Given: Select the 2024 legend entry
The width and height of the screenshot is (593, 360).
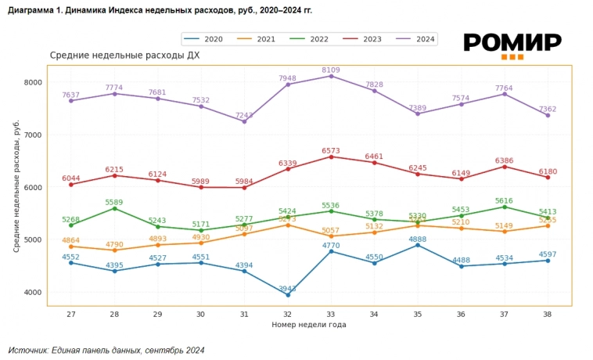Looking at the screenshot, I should (x=416, y=39).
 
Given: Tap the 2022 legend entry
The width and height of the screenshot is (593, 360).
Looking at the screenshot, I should (x=310, y=39).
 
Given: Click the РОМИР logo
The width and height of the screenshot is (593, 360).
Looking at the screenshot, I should (x=512, y=44).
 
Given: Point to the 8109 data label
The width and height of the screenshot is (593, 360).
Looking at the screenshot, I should (x=331, y=69).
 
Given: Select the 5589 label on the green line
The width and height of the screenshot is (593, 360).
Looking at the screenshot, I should (x=114, y=202).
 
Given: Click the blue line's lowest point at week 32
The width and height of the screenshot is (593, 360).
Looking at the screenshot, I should (x=288, y=295).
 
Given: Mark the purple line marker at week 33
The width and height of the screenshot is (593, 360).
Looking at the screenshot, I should (x=331, y=76).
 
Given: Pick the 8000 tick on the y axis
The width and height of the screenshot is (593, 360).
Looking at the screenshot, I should (x=32, y=82).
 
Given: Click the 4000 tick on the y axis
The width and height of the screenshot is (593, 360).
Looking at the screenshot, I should (x=32, y=293).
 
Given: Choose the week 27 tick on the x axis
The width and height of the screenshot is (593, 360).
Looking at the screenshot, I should (x=70, y=313).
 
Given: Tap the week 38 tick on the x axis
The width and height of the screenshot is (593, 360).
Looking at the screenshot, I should (x=548, y=313).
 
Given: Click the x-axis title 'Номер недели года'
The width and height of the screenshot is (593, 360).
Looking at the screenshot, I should (x=308, y=324).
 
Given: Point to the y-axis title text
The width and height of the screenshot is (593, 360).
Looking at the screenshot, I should (x=16, y=185).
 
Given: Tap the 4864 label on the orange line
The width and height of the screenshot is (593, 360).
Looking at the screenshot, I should (x=71, y=239).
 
